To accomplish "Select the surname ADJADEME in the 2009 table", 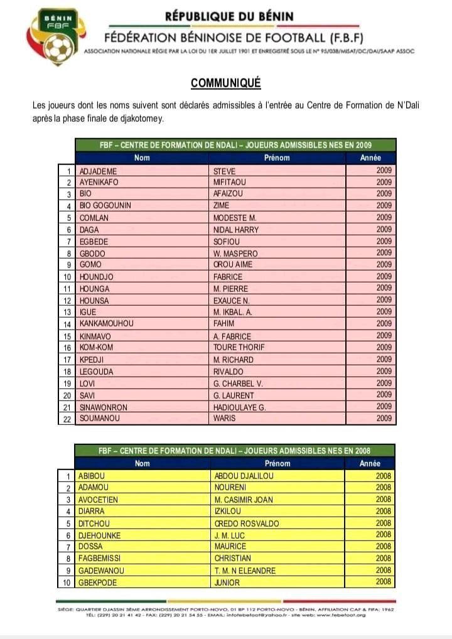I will coord(98,170).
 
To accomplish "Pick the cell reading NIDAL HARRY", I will coord(236,230).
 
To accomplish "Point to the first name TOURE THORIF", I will coord(239,347).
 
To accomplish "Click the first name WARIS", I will coord(224,418).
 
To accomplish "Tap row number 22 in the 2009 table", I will coord(67,419).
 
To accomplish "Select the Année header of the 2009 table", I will coord(370,158).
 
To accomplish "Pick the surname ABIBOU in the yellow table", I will coord(91,476).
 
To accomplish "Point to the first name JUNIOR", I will coord(227,581).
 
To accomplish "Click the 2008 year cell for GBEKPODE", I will coord(383,581).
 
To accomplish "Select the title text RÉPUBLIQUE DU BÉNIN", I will coord(229,16).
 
